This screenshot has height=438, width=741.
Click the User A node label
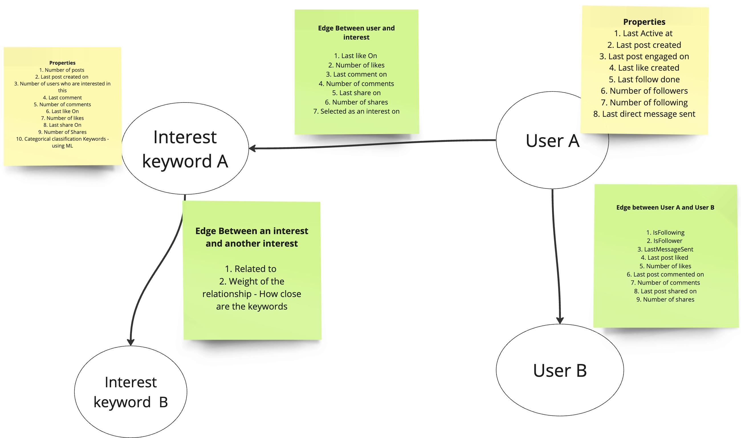point(552,140)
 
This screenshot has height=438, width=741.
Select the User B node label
point(560,371)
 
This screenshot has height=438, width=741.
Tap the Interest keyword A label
point(185,149)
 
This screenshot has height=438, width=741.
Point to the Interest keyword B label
point(131,392)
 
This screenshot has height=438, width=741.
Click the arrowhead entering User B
point(560,320)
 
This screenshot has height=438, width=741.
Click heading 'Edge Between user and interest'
point(356,32)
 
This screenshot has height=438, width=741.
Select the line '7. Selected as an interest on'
point(356,111)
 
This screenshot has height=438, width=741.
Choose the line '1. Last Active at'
point(643,33)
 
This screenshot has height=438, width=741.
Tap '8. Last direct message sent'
point(644,114)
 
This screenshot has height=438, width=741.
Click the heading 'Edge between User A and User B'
point(665,208)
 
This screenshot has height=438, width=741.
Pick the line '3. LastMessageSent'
point(665,249)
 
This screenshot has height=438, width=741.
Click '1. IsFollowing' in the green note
point(665,233)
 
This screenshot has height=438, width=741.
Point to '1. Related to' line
point(251,269)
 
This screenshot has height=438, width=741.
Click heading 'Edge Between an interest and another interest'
point(252,237)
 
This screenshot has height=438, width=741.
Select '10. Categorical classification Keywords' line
point(62,139)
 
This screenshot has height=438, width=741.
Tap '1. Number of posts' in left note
point(62,70)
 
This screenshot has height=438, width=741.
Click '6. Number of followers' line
point(644,91)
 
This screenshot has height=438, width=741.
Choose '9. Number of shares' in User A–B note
point(665,299)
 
